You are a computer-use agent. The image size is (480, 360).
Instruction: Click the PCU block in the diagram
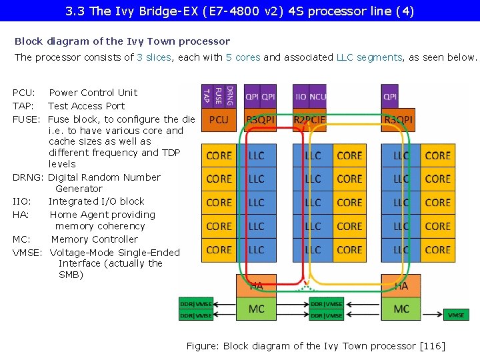click(219, 120)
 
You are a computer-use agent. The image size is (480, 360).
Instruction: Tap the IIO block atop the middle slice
click(301, 96)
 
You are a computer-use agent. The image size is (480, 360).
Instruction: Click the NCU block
click(318, 96)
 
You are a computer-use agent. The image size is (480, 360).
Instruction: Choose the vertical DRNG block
click(229, 96)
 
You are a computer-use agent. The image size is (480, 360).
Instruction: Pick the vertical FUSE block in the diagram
click(218, 96)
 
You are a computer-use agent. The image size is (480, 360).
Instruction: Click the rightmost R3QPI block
click(398, 120)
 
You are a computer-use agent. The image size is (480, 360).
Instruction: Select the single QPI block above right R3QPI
click(390, 96)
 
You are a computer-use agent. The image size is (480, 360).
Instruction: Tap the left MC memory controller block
click(257, 309)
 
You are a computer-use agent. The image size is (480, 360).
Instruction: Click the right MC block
click(401, 309)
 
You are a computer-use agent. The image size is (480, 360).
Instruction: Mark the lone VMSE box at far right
click(457, 315)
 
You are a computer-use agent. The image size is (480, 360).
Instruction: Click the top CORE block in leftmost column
click(219, 155)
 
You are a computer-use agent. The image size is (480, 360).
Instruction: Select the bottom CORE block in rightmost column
click(437, 250)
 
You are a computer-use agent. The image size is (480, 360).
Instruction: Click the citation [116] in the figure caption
click(431, 345)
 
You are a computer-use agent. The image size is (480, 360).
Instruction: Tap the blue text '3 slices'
click(153, 57)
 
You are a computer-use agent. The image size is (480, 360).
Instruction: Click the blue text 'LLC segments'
click(369, 57)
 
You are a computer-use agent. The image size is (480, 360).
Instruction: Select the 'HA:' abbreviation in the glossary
click(20, 215)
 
